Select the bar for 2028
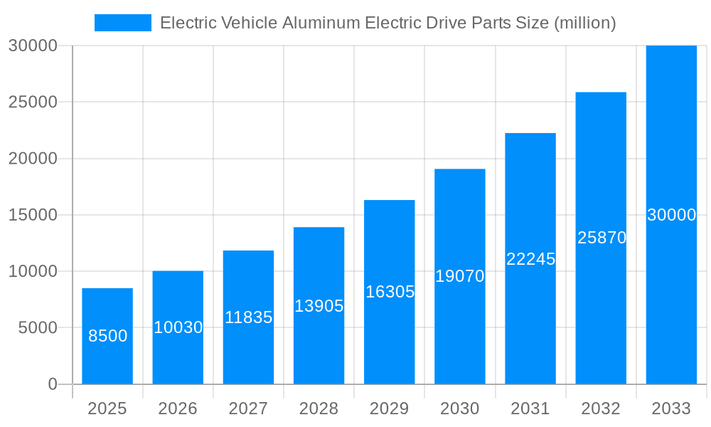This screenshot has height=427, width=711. (319, 342)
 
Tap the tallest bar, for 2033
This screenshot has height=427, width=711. (671, 142)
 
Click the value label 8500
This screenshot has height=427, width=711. (107, 336)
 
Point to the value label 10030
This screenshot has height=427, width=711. (178, 327)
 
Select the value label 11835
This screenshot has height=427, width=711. (248, 317)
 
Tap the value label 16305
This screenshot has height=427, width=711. (390, 292)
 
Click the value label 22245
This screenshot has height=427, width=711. (530, 259)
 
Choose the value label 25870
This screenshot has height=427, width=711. (602, 238)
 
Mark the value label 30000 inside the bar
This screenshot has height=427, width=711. (671, 215)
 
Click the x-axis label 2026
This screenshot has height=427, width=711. (178, 408)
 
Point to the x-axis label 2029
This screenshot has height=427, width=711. (390, 408)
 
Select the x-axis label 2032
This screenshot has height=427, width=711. (601, 408)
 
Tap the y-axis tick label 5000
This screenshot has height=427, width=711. (33, 328)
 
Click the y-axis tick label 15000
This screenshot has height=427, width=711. (33, 215)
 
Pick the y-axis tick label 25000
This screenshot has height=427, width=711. (33, 102)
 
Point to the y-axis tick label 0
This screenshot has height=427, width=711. (52, 384)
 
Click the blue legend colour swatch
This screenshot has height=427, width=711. (123, 23)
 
